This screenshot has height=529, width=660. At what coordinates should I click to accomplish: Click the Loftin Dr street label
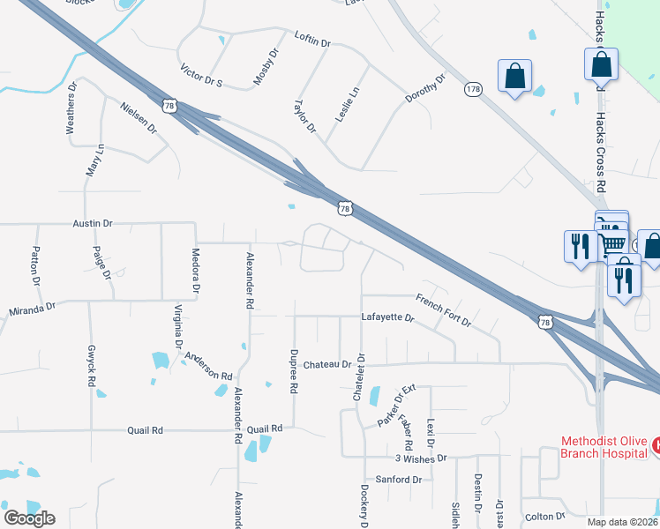[312, 41]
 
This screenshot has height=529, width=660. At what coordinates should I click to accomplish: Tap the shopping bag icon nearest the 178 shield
[514, 77]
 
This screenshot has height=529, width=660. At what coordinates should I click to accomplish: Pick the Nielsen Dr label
[139, 116]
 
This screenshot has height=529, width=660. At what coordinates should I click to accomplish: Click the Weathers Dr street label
[73, 108]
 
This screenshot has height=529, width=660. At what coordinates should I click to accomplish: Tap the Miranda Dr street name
[32, 309]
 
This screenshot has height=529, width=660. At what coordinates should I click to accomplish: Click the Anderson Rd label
[207, 365]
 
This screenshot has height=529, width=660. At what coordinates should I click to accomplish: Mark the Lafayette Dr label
[387, 316]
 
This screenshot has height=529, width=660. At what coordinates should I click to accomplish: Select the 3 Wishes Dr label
[422, 458]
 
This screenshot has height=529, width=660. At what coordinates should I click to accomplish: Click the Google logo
[29, 518]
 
